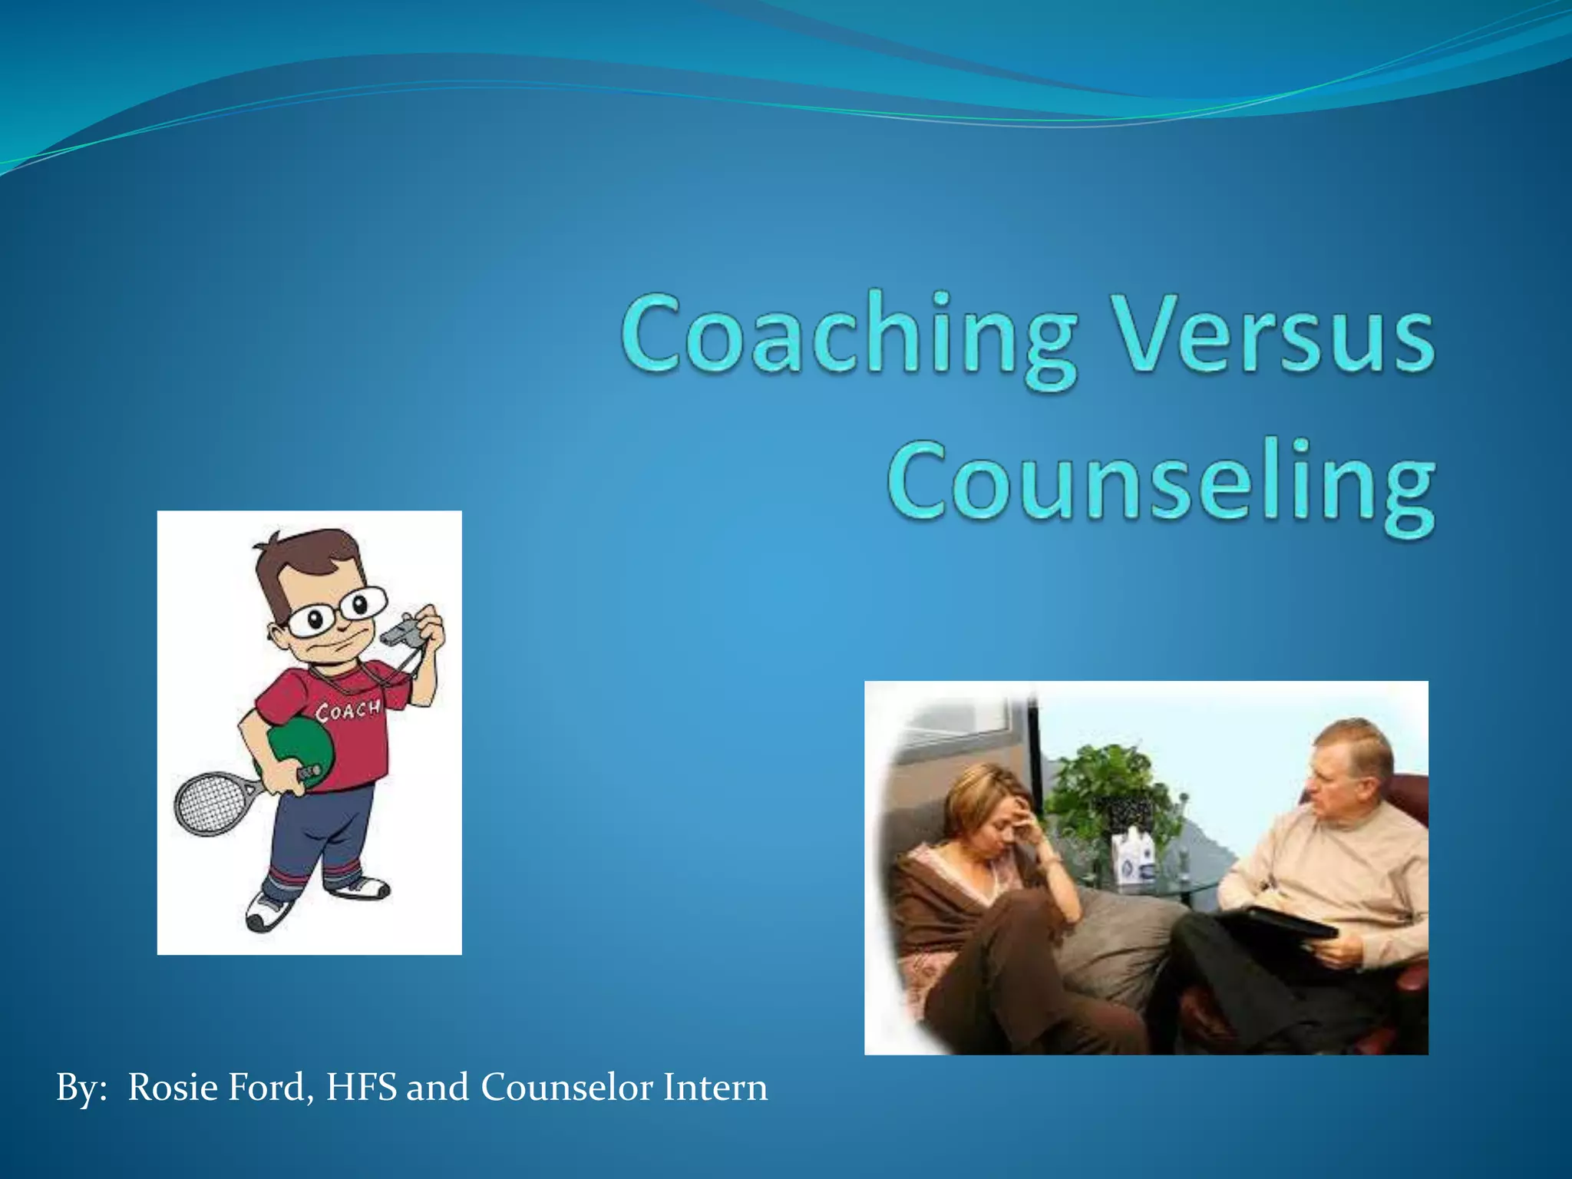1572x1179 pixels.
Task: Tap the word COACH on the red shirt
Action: (x=348, y=711)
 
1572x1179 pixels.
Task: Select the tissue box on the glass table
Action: (x=1134, y=857)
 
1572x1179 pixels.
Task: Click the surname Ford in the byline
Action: (x=272, y=1088)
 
